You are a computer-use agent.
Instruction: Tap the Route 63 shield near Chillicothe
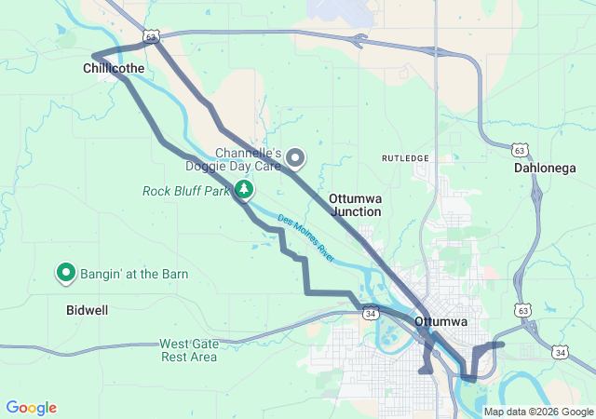click(x=152, y=35)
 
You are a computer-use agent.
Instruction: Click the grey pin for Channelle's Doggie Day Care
click(x=295, y=158)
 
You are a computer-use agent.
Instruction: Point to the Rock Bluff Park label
click(x=185, y=191)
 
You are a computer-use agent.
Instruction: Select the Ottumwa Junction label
click(x=355, y=205)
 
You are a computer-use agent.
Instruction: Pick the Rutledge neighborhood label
click(x=405, y=158)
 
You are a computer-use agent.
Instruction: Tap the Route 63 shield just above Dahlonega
click(x=520, y=149)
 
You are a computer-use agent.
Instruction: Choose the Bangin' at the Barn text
click(x=134, y=274)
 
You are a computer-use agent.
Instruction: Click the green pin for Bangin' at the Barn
click(x=66, y=273)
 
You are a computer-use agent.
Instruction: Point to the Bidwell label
click(x=87, y=309)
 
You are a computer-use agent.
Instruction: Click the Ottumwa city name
click(x=441, y=322)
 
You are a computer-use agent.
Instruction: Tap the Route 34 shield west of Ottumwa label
click(x=371, y=314)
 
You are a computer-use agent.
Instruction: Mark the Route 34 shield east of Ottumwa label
click(x=560, y=352)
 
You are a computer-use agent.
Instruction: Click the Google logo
click(x=31, y=408)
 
